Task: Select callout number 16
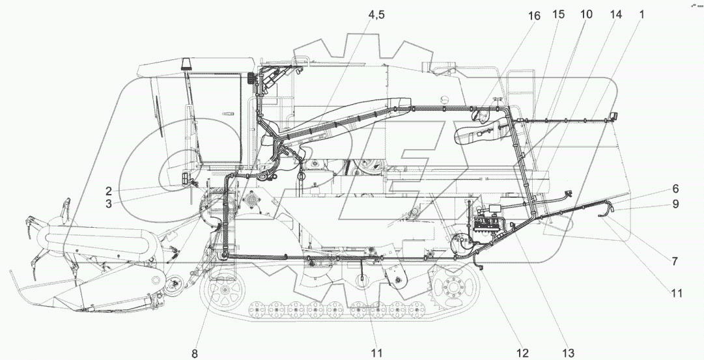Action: point(534,16)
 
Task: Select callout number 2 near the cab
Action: point(108,191)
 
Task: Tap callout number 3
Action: point(108,203)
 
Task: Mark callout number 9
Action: point(675,204)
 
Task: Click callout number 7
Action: point(675,262)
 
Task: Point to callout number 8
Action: point(194,353)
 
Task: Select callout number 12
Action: point(522,353)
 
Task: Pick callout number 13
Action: point(569,353)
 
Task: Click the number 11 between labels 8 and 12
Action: point(376,353)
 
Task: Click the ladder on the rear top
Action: point(518,88)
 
